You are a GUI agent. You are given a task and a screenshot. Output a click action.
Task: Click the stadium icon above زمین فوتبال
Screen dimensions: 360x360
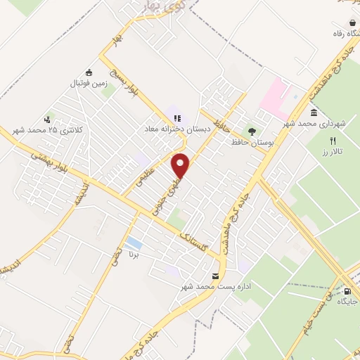click(89, 72)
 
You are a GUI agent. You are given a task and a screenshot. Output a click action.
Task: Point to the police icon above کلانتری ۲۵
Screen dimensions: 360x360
click(48, 118)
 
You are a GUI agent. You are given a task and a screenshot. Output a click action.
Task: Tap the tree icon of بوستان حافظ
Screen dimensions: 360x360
click(252, 131)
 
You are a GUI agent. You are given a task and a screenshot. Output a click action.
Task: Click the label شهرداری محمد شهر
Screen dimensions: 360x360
click(313, 124)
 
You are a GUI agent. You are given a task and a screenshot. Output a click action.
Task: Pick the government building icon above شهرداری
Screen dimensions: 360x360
click(313, 112)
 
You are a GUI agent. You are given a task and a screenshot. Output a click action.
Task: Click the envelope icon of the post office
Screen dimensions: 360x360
click(215, 276)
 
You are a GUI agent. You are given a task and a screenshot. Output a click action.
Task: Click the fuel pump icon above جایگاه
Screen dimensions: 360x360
click(346, 290)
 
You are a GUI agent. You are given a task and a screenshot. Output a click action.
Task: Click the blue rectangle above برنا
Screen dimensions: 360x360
click(134, 244)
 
